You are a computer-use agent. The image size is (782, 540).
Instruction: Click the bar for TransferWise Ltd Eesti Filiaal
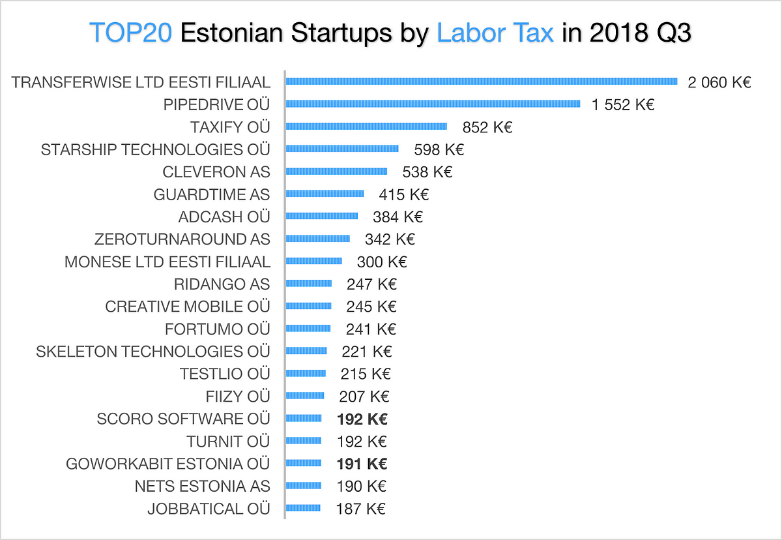[482, 82]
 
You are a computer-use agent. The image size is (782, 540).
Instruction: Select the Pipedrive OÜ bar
[433, 104]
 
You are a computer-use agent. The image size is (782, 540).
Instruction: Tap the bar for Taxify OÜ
[366, 127]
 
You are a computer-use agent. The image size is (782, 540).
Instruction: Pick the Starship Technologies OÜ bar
[342, 149]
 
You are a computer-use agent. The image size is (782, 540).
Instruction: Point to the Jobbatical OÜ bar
[303, 507]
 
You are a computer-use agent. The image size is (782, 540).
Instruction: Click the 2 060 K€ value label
[719, 82]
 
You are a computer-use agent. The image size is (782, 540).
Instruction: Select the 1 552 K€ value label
[622, 104]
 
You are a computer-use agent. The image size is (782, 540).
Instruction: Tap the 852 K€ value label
[487, 127]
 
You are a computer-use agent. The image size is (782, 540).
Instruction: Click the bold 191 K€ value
[362, 464]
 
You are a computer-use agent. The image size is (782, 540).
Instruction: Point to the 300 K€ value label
[382, 262]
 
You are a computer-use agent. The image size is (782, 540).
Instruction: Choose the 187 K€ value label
[360, 508]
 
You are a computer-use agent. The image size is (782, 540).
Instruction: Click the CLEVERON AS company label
[216, 172]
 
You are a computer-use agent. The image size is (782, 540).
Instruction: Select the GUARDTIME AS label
[211, 194]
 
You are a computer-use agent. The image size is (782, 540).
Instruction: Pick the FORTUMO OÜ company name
[217, 329]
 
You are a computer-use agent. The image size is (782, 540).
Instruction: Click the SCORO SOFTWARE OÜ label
[183, 419]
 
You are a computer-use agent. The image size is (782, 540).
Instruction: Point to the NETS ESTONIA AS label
[202, 486]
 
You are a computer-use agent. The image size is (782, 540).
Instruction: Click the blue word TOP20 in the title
[130, 32]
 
